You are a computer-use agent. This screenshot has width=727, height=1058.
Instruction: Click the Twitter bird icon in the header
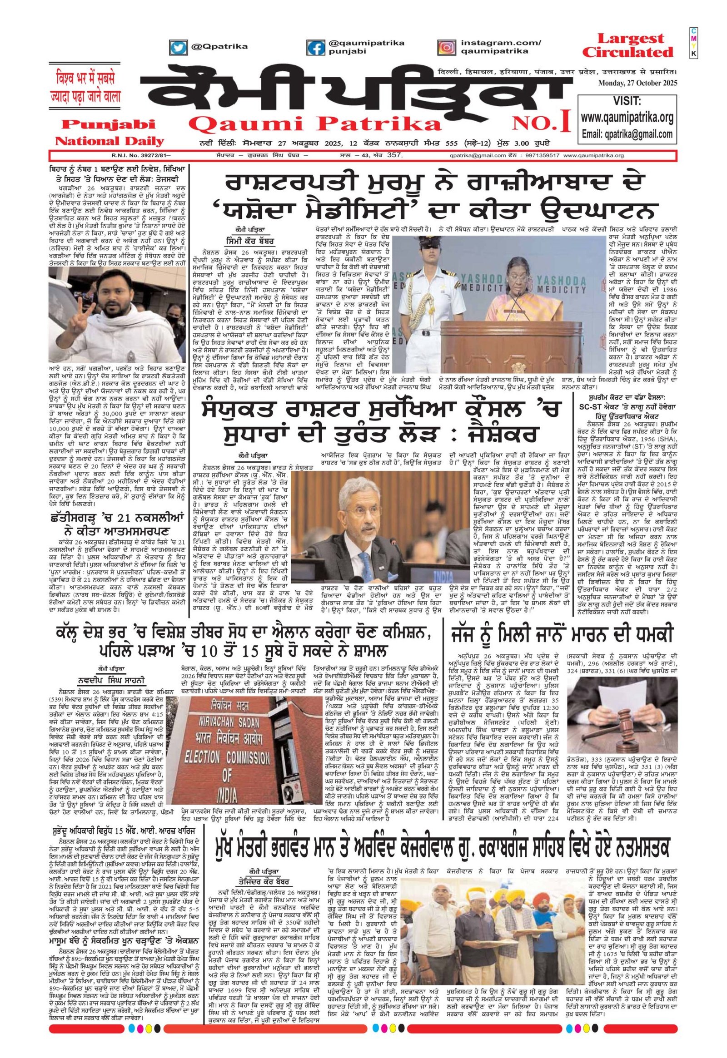[179, 46]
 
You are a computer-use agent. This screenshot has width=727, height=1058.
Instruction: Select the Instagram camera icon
[447, 47]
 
